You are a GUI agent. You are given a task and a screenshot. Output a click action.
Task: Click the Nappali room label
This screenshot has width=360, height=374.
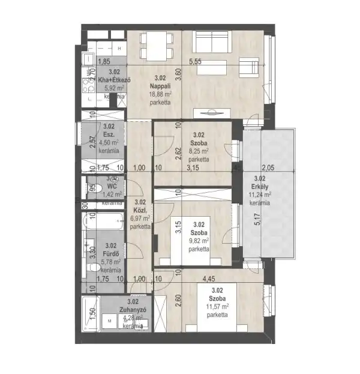(160, 86)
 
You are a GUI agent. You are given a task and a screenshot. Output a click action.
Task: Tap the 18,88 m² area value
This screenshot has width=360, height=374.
(160, 94)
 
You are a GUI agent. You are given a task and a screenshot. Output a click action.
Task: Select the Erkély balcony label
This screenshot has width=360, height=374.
(260, 186)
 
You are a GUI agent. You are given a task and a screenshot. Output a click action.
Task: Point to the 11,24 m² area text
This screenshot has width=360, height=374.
(260, 195)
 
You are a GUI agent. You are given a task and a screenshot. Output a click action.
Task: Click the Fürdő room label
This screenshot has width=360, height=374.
(110, 253)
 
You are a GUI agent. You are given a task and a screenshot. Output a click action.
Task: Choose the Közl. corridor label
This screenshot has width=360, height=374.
(140, 210)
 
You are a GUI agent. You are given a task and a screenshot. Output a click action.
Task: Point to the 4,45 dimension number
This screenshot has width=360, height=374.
(209, 279)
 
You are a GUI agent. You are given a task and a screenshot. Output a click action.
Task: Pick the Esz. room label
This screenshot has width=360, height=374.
(109, 134)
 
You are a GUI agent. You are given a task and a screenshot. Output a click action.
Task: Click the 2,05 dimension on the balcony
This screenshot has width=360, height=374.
(268, 169)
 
